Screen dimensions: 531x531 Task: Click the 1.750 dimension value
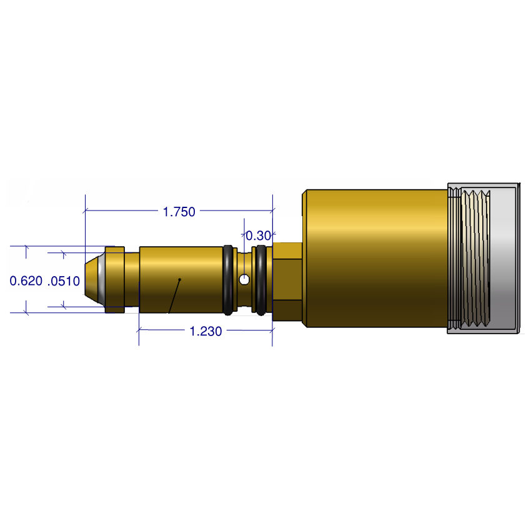click(179, 212)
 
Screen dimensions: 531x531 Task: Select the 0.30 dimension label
click(258, 236)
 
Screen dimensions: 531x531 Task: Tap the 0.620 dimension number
click(26, 281)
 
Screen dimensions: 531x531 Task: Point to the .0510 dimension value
click(64, 281)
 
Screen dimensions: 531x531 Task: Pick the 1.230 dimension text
click(206, 332)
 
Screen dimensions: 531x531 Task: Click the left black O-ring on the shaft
click(229, 280)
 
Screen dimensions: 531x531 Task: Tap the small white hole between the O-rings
click(244, 279)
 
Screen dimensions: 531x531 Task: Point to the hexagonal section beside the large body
click(287, 281)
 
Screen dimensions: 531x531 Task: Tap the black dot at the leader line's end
click(179, 279)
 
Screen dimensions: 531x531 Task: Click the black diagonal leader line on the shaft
click(174, 296)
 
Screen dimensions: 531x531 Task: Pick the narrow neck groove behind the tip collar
click(131, 279)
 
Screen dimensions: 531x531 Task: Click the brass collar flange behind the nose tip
click(114, 279)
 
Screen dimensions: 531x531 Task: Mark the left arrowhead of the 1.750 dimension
click(87, 211)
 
